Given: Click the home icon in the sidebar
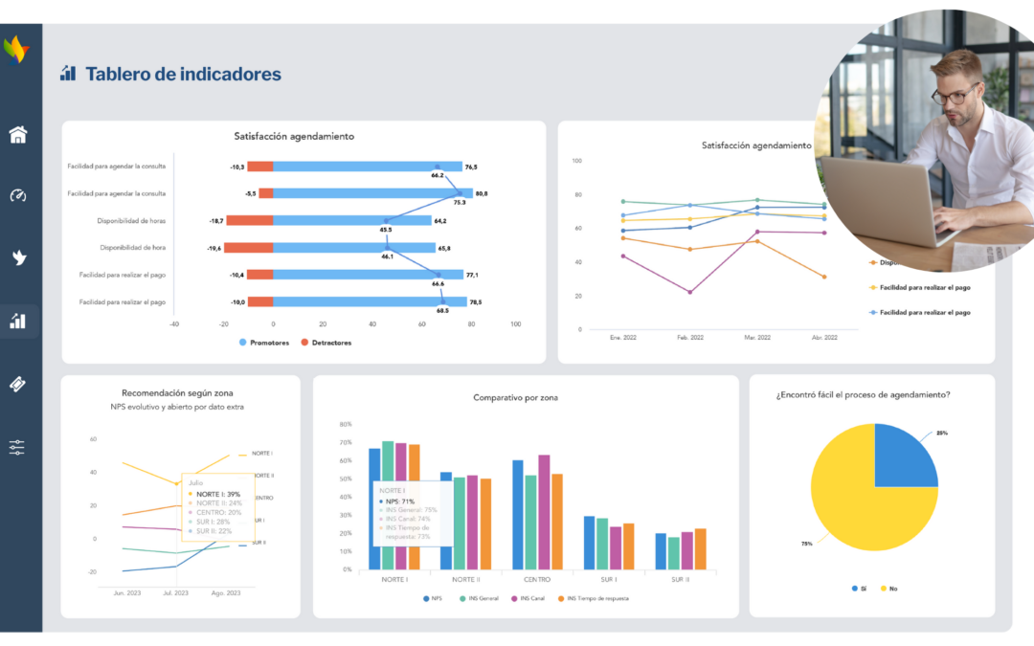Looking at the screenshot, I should point(18,135).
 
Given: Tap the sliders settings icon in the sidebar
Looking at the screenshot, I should point(18,447).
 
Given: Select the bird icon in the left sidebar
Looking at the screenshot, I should point(18,256).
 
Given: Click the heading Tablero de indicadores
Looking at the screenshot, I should point(183,74).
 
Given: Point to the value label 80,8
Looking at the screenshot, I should point(480,193).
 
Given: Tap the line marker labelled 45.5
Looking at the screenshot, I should point(386,221).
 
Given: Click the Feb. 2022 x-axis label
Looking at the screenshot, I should point(689,338).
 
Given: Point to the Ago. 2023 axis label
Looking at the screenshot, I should point(226,593).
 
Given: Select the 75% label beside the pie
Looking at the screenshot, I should point(807,544).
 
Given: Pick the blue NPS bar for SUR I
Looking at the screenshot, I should point(590,543).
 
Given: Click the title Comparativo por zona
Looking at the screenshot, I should point(515,397).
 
